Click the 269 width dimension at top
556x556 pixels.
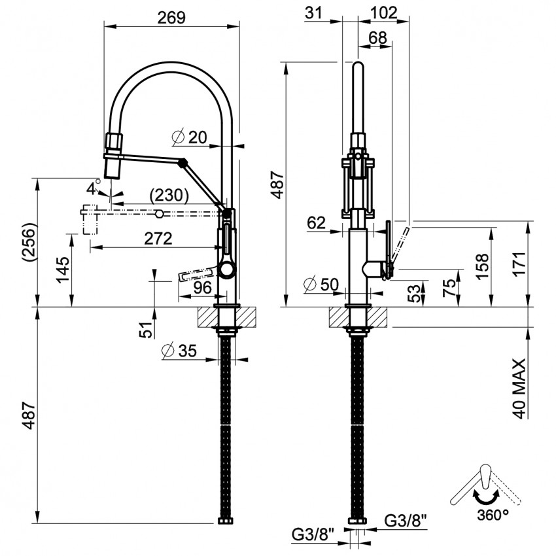[172, 18]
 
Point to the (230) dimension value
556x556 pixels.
[169, 194]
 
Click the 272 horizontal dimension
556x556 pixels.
[158, 239]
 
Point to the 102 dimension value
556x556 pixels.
[383, 13]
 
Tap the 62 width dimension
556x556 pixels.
[316, 223]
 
